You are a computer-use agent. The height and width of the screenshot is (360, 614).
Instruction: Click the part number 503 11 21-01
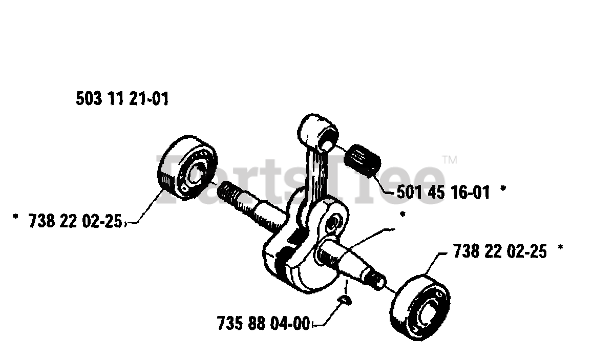(122, 99)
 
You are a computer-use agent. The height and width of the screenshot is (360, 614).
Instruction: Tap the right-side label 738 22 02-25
(499, 251)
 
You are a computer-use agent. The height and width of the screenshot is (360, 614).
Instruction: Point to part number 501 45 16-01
(443, 193)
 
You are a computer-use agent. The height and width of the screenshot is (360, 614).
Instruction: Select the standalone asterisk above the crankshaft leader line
(402, 216)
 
